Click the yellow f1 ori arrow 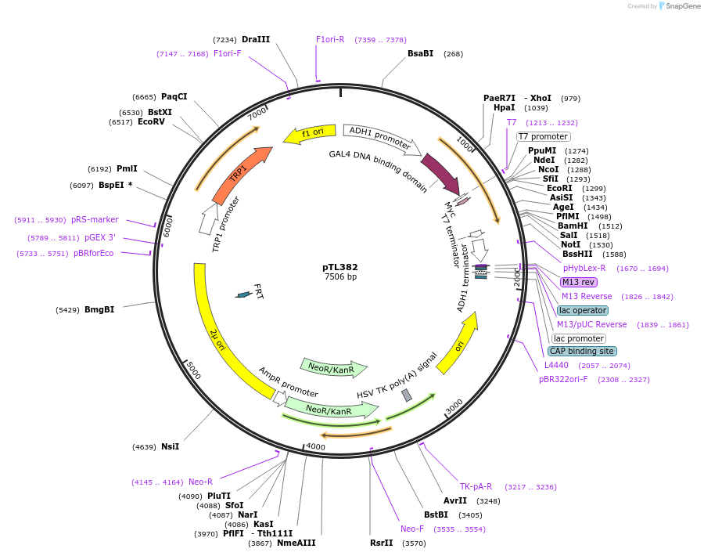[x=309, y=134]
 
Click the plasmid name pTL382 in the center [x=340, y=267]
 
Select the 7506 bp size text [x=340, y=277]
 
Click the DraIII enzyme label [x=256, y=39]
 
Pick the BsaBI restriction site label [x=420, y=53]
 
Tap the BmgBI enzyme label [x=99, y=309]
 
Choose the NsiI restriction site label [x=170, y=446]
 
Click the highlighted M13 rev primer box [x=578, y=282]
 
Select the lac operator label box [x=583, y=310]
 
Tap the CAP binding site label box [x=582, y=351]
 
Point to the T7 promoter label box [x=543, y=136]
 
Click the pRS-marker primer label [x=95, y=219]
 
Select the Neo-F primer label [x=412, y=529]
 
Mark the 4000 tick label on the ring [x=315, y=446]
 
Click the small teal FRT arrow [x=244, y=294]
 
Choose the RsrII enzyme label [x=382, y=542]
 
